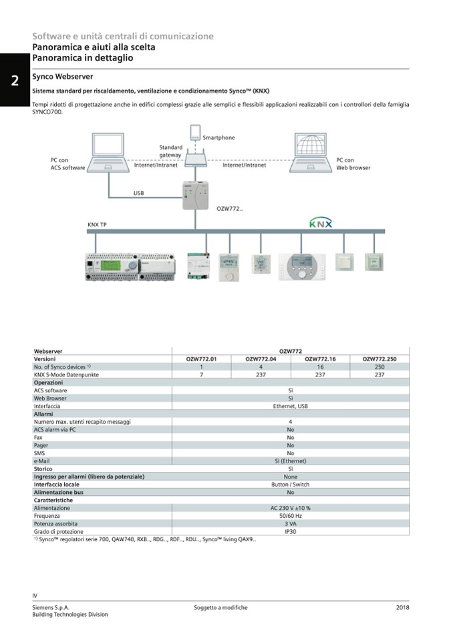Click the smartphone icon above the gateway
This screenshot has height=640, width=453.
coord(195,132)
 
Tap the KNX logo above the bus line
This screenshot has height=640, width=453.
coord(321,223)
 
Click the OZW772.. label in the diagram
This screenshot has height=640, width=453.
coord(230,208)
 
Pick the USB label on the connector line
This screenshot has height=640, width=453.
coord(138,193)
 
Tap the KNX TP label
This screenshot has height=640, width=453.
coord(97,224)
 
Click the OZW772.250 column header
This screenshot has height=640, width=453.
coord(380,359)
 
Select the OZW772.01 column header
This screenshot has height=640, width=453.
coord(201,359)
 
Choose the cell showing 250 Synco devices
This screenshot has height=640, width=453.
coord(380,367)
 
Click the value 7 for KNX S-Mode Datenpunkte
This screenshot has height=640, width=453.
coord(201,374)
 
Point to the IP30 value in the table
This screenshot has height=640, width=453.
coord(290,531)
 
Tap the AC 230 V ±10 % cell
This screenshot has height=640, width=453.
coord(290,508)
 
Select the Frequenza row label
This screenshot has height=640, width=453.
coord(47,516)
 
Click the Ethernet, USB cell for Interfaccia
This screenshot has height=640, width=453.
coord(290,406)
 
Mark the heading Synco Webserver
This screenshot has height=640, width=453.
coord(63,77)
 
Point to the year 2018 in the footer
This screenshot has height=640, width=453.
coord(402,607)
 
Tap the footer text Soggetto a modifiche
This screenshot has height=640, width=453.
coord(220,607)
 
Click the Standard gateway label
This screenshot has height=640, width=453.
coord(170,151)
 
